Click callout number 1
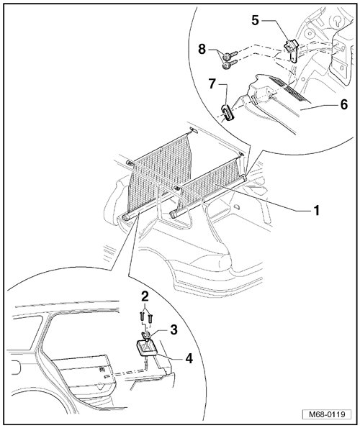(316, 211)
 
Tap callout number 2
(145, 296)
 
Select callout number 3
(174, 329)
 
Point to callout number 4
(189, 358)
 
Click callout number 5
(255, 20)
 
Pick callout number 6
(344, 104)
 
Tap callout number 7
(212, 84)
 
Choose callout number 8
(202, 50)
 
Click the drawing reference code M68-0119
(327, 414)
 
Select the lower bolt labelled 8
(229, 65)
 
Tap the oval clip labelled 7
(228, 113)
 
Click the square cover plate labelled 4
(146, 347)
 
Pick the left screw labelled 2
(141, 317)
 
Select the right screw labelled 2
(150, 319)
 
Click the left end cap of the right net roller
(174, 214)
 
